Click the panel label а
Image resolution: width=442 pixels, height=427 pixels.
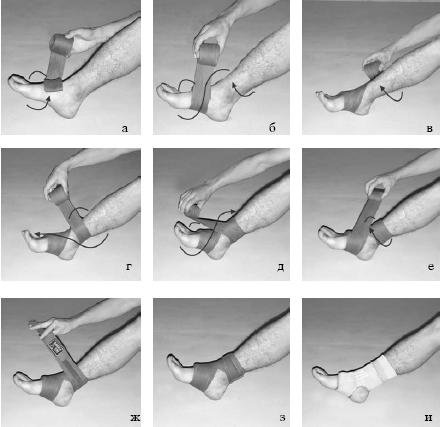125,129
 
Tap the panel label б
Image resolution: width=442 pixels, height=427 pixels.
272,128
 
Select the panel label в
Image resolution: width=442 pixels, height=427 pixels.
430,129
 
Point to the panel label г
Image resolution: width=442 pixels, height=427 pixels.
129,267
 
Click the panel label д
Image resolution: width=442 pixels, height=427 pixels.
281,267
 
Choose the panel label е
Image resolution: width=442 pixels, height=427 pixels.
431,267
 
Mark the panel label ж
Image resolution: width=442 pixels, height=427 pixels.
135,417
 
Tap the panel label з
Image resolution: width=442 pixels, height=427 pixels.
282,418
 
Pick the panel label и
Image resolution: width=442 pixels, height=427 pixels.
429,417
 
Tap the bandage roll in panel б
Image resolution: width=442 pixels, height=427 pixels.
207,53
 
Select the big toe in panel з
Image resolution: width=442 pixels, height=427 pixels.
173,360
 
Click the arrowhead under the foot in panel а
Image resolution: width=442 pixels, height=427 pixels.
49,98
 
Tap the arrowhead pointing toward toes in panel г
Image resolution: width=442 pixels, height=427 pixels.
37,235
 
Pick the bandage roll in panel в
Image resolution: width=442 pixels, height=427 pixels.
371,70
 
